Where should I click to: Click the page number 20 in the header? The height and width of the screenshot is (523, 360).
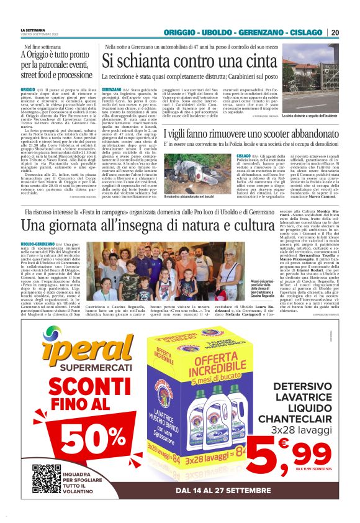[335, 32]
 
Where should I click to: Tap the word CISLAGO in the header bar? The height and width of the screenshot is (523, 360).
[307, 32]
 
